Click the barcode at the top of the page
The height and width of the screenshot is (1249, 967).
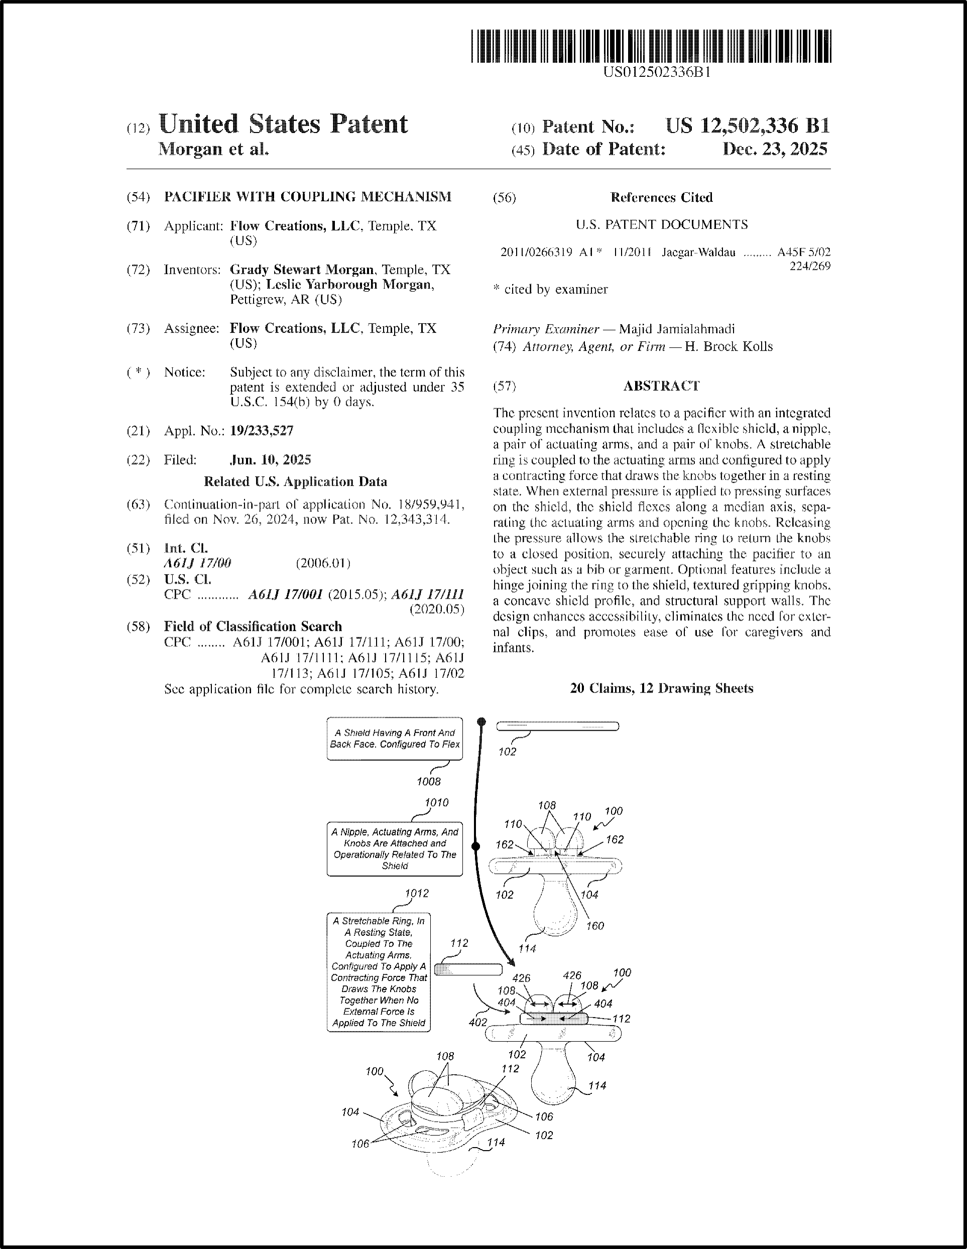point(651,46)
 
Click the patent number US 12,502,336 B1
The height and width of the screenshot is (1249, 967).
point(747,126)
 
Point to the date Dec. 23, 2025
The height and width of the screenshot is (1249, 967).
point(775,149)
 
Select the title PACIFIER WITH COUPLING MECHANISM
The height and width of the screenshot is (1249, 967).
point(307,197)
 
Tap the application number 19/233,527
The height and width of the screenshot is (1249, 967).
point(262,431)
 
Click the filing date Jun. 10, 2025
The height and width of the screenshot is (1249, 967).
point(270,460)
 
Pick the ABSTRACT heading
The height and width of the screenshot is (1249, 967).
point(661,386)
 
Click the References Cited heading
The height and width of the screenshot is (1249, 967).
point(661,197)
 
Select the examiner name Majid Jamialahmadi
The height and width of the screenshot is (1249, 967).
point(677,329)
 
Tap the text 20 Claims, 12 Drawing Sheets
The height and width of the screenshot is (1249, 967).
point(661,688)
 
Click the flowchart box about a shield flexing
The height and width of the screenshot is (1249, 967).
point(394,738)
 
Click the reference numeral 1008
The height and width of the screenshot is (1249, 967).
point(429,781)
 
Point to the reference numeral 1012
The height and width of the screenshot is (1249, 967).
point(416,893)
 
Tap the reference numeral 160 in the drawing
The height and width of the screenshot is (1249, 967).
point(595,925)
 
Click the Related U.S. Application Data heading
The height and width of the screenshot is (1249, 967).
point(295,482)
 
